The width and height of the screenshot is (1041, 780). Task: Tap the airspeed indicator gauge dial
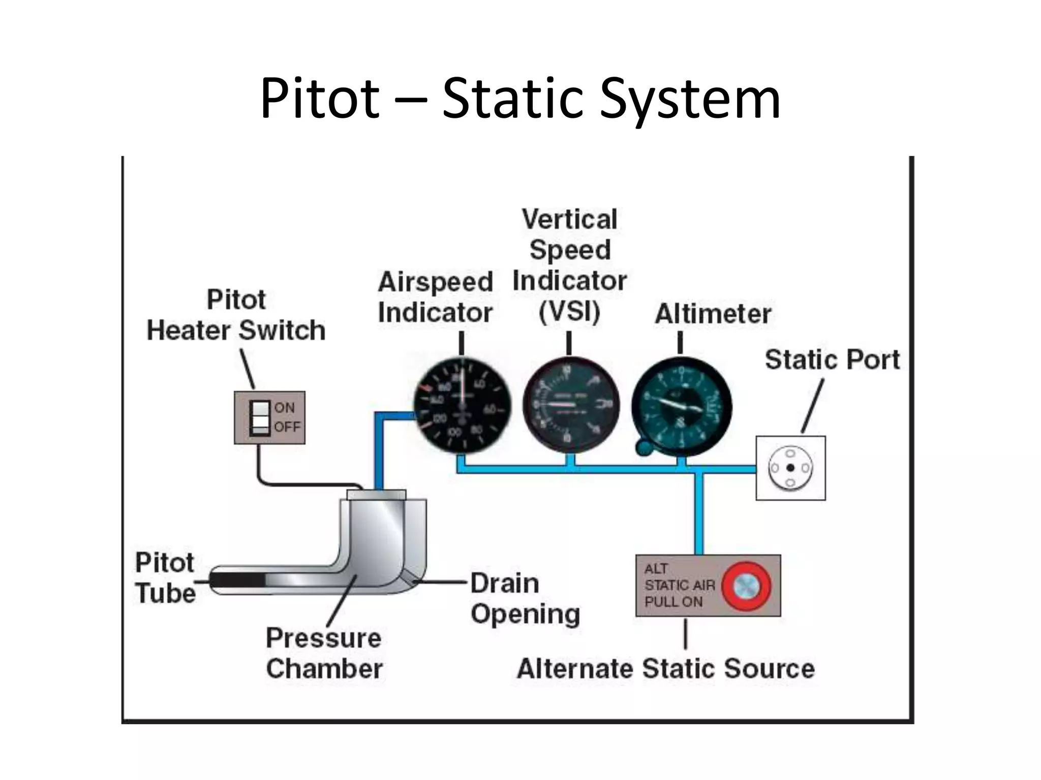[462, 405]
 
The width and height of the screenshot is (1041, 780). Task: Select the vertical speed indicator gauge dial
[570, 405]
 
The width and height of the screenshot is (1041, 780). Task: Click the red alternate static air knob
[746, 586]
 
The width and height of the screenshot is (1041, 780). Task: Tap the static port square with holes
[790, 468]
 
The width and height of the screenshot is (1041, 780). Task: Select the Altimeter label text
[713, 313]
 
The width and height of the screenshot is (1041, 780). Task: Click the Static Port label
[832, 360]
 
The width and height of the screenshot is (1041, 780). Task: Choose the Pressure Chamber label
[324, 653]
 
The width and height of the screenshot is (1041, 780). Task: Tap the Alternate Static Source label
[665, 668]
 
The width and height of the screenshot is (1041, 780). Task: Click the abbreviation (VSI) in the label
[569, 311]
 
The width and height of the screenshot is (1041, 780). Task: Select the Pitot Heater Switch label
[236, 315]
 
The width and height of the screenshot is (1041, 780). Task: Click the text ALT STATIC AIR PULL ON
[679, 585]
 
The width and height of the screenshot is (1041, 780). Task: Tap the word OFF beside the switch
[287, 427]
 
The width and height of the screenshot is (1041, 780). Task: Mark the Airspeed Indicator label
[436, 297]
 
